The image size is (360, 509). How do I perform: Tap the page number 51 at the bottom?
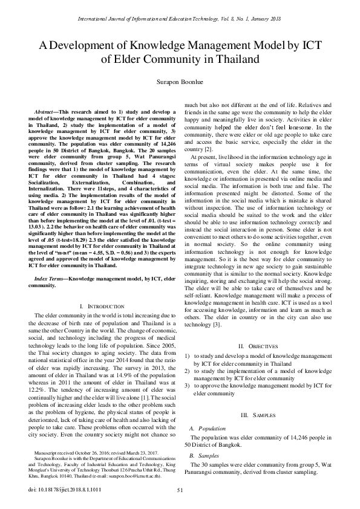180,491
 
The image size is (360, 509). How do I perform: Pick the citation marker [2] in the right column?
208,149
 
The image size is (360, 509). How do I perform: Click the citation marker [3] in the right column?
216,325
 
